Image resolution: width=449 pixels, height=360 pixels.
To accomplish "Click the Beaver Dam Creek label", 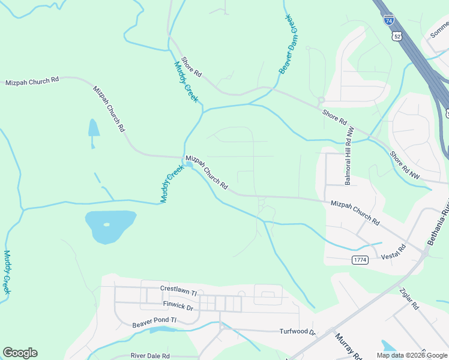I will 288,44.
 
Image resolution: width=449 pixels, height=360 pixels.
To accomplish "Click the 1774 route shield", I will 360,260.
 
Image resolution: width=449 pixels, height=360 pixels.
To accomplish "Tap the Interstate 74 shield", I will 389,19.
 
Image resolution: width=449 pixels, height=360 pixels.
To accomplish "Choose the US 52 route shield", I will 397,37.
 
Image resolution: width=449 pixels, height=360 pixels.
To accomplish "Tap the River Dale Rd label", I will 150,356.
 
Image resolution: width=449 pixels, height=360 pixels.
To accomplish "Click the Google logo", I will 20,353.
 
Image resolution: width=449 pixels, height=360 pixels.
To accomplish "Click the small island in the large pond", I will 107,225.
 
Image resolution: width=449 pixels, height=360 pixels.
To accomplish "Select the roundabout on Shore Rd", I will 321,100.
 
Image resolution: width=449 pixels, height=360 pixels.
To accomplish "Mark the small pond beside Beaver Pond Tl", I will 161,329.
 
